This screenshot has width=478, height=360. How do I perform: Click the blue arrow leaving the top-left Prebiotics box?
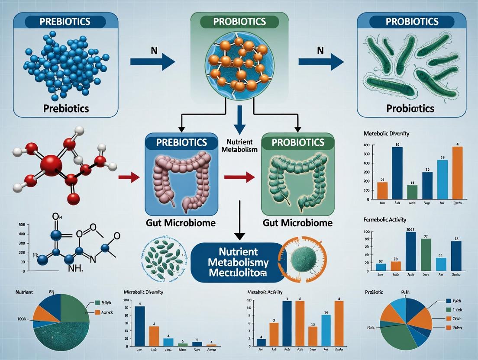152,62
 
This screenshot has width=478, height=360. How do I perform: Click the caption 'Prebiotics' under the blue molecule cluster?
66,108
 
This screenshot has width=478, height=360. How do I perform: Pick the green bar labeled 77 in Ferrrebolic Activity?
426,254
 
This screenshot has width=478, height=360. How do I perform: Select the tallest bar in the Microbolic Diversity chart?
140,326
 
